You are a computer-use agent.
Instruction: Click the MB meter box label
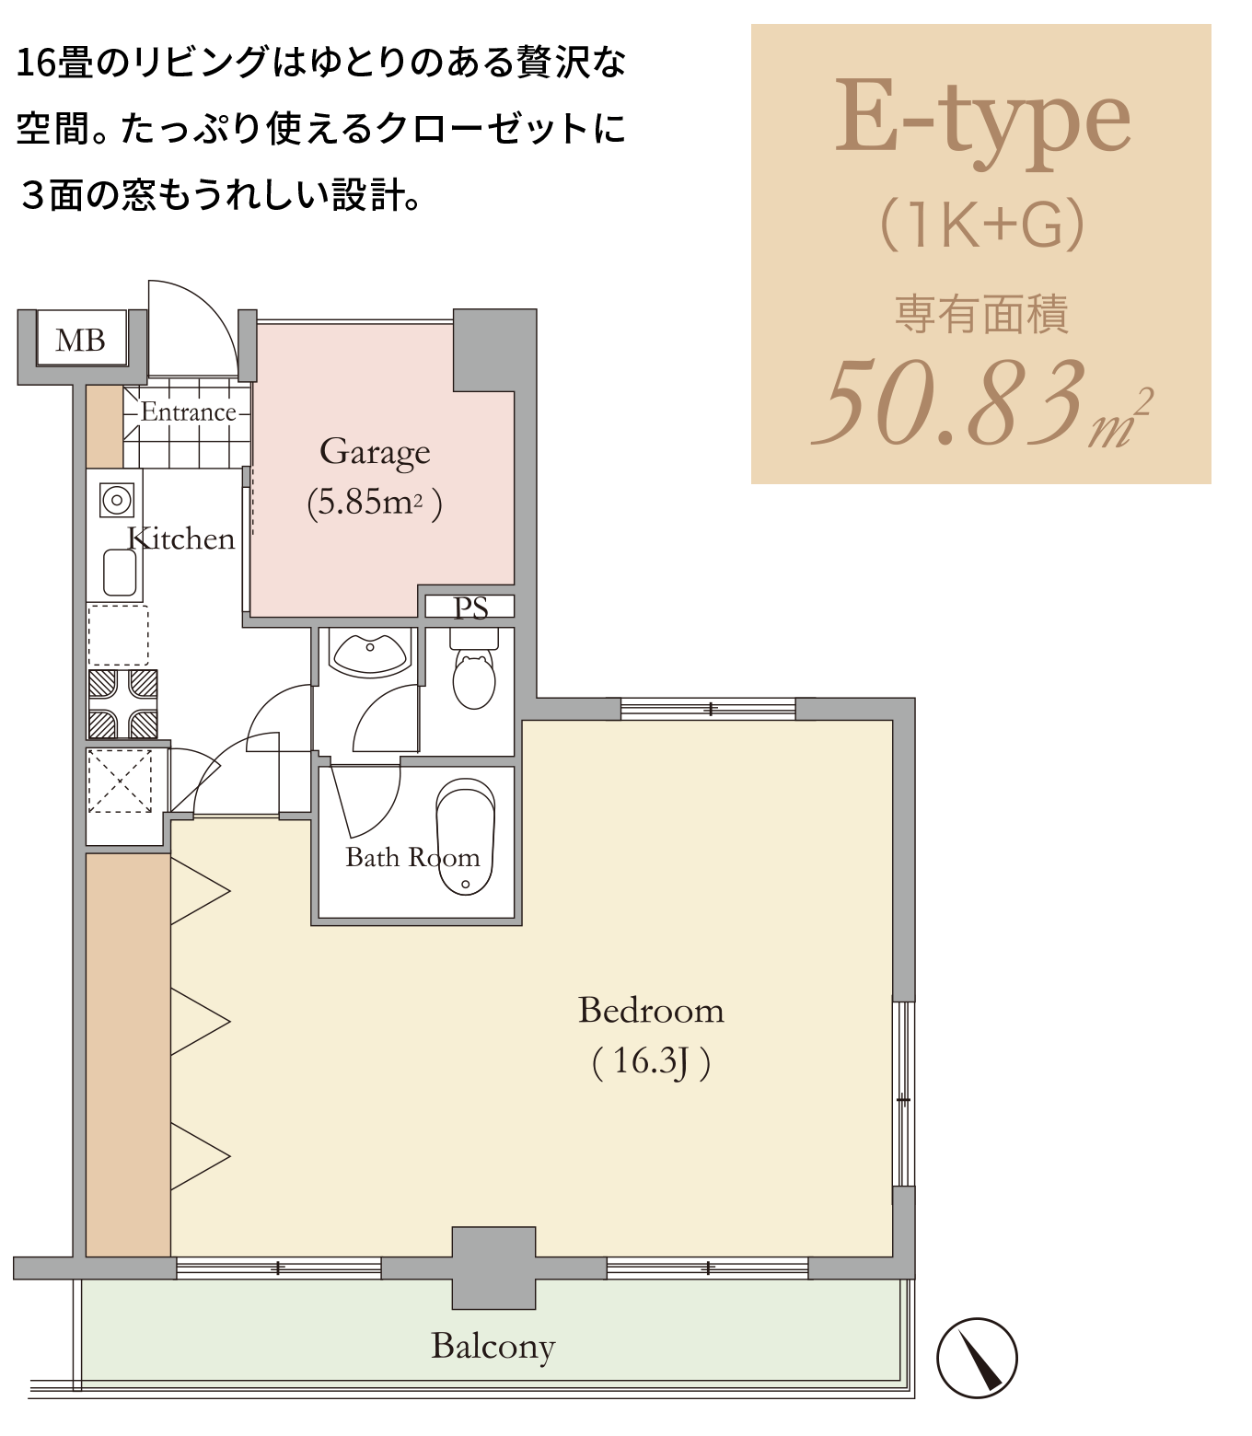tap(81, 341)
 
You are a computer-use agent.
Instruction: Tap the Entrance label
tap(188, 411)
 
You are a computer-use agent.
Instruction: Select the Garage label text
tap(375, 453)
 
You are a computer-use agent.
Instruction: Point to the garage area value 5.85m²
tap(375, 503)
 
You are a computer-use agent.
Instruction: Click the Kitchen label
tap(180, 539)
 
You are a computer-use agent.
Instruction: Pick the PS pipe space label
tap(470, 608)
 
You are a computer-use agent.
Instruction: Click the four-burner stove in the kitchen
tap(122, 704)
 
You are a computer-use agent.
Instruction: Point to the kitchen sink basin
tap(120, 573)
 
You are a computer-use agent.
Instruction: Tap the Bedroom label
tap(651, 1011)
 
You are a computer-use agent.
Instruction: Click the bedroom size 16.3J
tap(651, 1061)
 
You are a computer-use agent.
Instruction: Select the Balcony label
tap(493, 1347)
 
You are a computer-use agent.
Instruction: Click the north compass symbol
tap(977, 1358)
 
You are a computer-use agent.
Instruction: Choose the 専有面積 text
tap(981, 314)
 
